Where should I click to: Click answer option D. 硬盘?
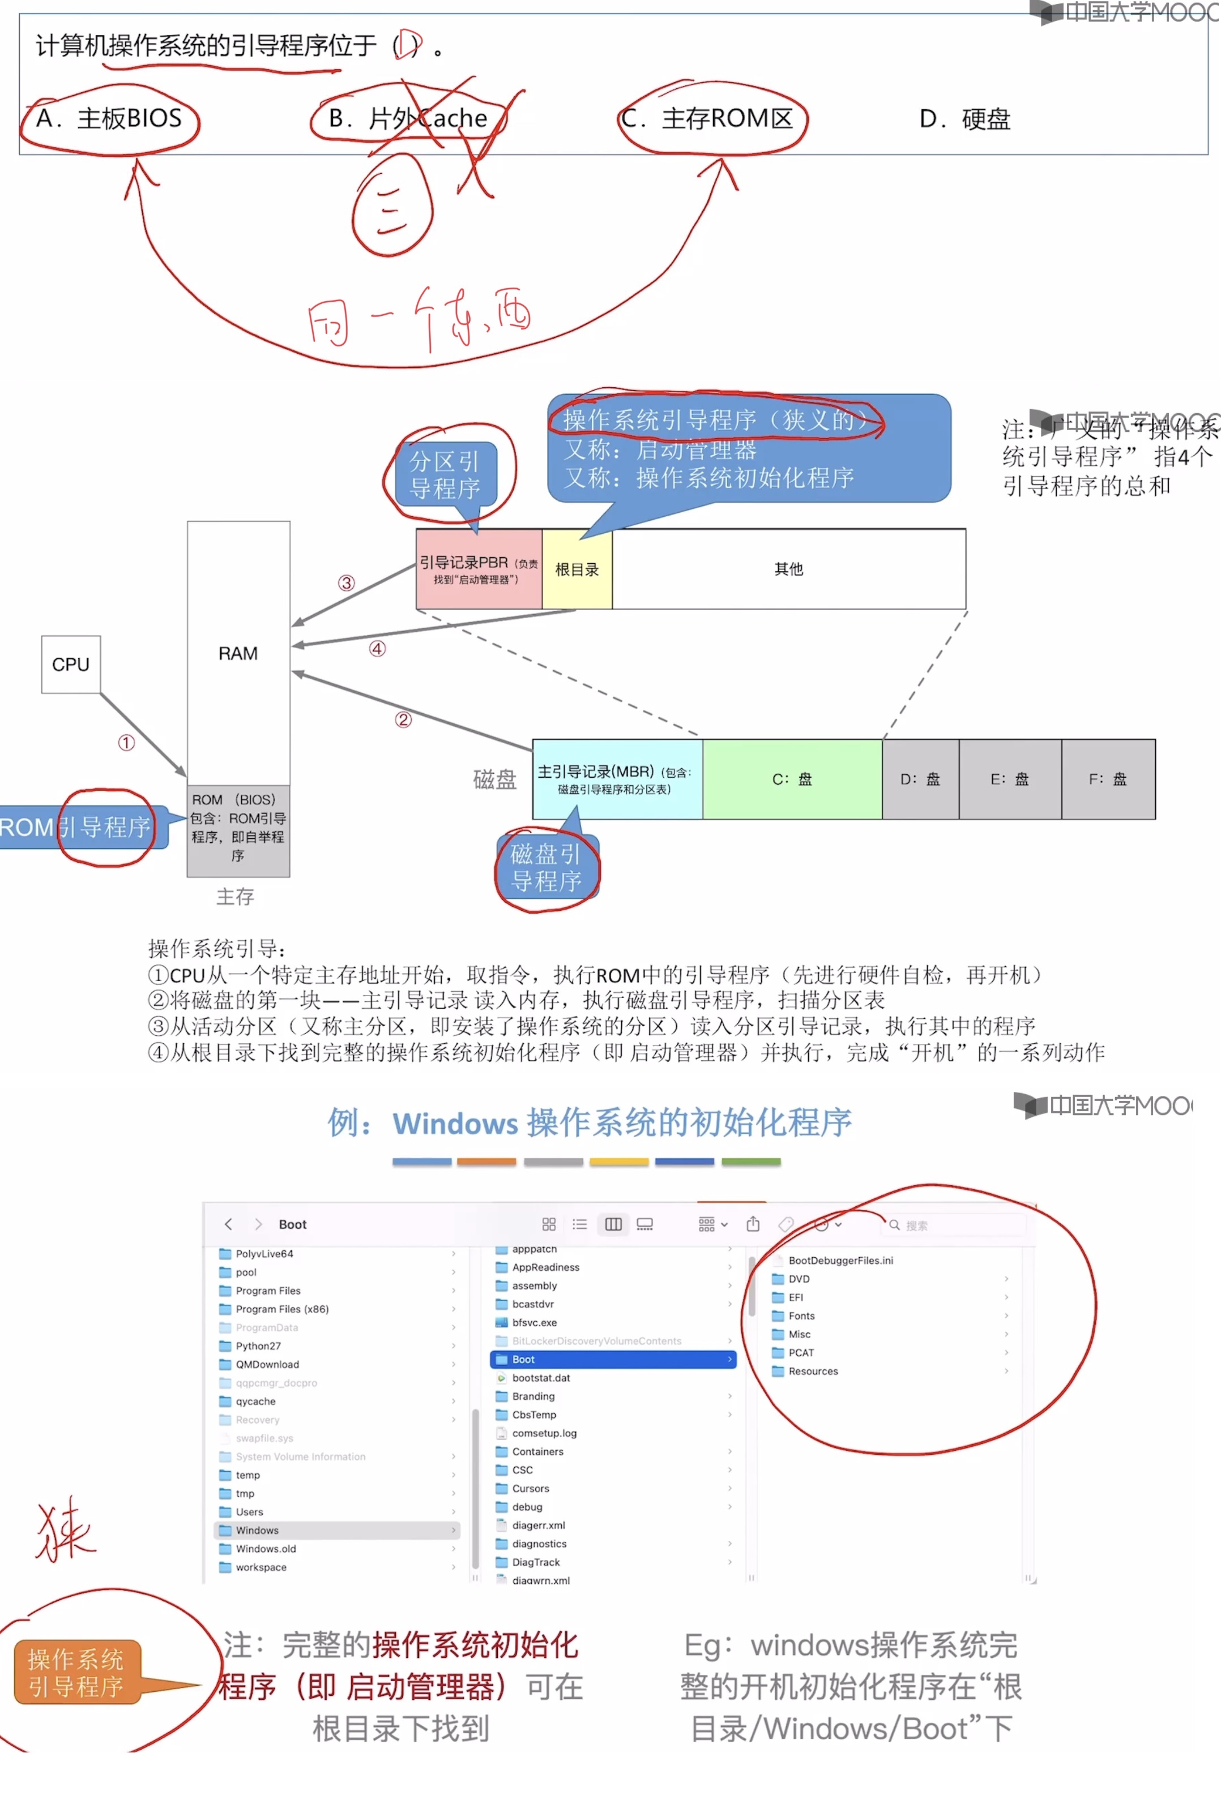click(964, 119)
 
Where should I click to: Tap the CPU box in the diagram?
click(70, 665)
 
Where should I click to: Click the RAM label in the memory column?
click(238, 654)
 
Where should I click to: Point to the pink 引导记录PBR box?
click(479, 569)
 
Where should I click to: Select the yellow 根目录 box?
click(577, 570)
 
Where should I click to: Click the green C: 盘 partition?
click(792, 779)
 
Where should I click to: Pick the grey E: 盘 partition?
click(1010, 779)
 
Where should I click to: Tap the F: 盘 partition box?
click(1108, 779)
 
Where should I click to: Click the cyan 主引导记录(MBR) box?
click(617, 779)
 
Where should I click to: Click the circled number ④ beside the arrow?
click(377, 649)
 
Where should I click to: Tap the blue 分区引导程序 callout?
click(445, 475)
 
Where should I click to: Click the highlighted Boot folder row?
click(612, 1359)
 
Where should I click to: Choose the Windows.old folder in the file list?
click(266, 1549)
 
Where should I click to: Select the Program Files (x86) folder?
click(282, 1309)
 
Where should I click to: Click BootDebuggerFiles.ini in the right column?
click(840, 1260)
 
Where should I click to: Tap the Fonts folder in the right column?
click(801, 1316)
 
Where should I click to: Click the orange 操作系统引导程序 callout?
click(76, 1673)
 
